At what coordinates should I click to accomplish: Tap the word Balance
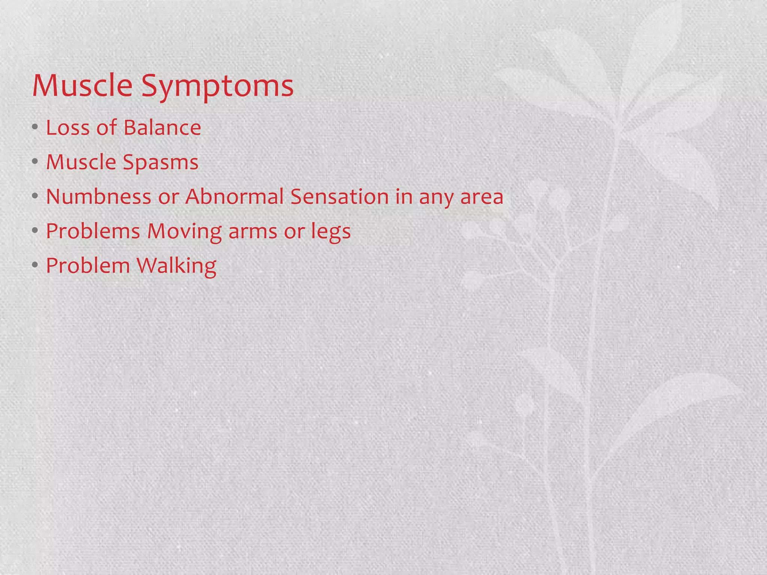coord(162,128)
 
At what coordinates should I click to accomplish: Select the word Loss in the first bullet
coord(68,128)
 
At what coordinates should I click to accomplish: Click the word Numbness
coord(98,197)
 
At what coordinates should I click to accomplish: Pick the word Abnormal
coord(234,197)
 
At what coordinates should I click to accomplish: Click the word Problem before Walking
coord(88,265)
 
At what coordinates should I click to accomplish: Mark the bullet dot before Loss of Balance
coord(35,128)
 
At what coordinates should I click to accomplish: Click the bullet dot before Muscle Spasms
coord(35,162)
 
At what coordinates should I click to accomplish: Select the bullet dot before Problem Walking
coord(35,265)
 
